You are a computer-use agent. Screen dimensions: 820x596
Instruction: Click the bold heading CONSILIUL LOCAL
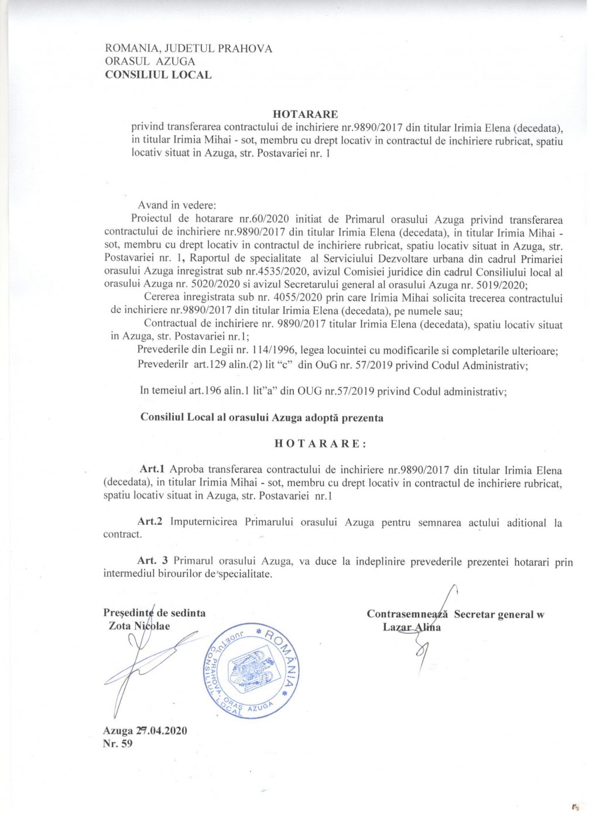[158, 74]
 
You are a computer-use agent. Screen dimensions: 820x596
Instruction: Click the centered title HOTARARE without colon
[305, 114]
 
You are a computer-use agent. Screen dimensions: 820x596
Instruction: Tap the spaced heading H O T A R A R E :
[321, 443]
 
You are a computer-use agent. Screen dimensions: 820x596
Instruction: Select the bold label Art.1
[154, 470]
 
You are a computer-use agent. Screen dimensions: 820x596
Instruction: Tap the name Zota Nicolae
[139, 626]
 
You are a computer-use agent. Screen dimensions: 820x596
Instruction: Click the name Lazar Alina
[412, 627]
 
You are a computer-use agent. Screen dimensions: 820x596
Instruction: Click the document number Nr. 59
[118, 744]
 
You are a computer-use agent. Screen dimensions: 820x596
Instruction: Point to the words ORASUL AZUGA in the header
[150, 61]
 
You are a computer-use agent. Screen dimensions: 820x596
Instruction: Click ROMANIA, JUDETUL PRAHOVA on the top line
[188, 49]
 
